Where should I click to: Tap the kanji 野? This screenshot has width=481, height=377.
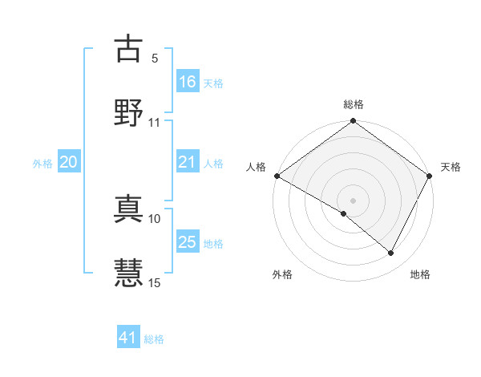(x=128, y=112)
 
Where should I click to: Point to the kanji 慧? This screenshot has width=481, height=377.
(x=128, y=273)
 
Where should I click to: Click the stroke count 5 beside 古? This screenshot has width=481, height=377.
(x=155, y=59)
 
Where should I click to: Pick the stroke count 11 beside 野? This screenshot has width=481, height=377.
(x=155, y=123)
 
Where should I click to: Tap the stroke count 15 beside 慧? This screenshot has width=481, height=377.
(x=155, y=282)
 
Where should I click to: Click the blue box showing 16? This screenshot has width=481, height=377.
(x=188, y=82)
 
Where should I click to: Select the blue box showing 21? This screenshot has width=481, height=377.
(x=188, y=162)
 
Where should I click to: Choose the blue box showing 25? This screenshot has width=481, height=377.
(x=188, y=242)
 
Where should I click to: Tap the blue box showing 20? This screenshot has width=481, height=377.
(x=69, y=162)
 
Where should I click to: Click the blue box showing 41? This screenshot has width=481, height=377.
(x=128, y=338)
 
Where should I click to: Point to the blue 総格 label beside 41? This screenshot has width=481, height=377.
(x=155, y=339)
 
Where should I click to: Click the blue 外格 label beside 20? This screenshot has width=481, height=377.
(x=42, y=163)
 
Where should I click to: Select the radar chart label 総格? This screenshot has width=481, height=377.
(x=354, y=104)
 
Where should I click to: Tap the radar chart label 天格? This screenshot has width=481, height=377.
(x=451, y=167)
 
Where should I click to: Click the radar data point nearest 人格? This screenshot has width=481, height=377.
(x=277, y=176)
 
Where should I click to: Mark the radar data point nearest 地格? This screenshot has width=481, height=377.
(x=391, y=253)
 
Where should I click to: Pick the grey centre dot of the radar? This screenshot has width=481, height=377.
(x=354, y=200)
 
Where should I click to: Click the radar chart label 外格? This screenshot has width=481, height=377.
(x=282, y=274)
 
